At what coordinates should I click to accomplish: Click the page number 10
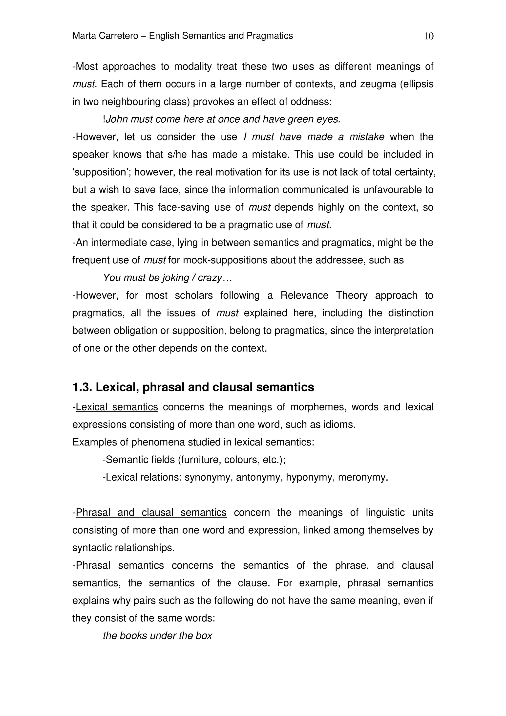429,37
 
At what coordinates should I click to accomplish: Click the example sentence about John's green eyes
222,119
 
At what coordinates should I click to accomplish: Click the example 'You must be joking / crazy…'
168,278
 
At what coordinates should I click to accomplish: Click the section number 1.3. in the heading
82,387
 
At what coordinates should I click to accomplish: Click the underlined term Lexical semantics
117,407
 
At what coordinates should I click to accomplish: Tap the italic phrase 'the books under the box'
157,636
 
